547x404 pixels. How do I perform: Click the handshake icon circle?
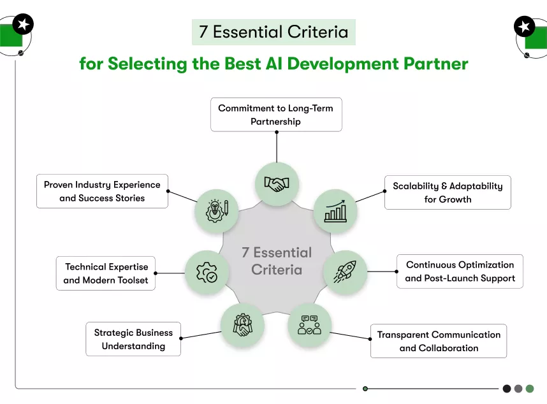coord(277,184)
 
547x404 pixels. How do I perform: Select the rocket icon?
coord(346,271)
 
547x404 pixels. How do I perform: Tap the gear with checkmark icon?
coord(207,272)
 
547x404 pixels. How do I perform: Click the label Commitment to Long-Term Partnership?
coord(275,115)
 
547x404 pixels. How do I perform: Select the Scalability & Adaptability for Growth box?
coord(447,192)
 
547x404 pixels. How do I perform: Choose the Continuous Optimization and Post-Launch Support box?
coord(460,271)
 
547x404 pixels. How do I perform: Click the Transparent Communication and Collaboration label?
coord(439,341)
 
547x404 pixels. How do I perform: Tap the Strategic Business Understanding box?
coord(133,339)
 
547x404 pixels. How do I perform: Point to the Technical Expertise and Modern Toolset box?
coord(106,273)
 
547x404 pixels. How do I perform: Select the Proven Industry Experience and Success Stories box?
coord(102,191)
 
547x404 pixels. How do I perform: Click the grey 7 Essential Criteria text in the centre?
coord(277,261)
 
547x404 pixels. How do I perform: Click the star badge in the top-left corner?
coord(23,24)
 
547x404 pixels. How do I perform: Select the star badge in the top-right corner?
coord(524,27)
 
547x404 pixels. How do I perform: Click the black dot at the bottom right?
coord(507,388)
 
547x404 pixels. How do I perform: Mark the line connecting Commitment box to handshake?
coord(277,147)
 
